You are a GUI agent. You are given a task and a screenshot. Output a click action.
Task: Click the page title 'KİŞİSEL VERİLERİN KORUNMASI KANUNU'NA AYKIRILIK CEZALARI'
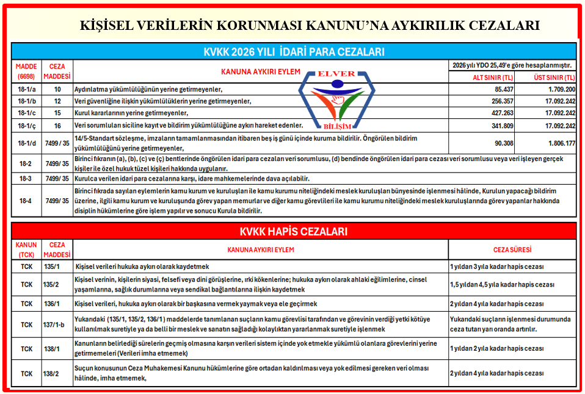(x=310, y=26)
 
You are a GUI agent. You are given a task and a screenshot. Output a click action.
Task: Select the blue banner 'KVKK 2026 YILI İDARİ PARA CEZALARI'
(x=294, y=52)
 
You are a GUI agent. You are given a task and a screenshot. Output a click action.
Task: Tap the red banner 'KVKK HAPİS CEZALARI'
(x=293, y=232)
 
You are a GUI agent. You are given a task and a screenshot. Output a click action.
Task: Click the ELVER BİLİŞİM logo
(x=336, y=98)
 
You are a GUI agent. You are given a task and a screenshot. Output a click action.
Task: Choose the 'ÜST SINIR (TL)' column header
(x=553, y=77)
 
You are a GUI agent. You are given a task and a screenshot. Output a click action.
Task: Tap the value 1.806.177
(x=558, y=144)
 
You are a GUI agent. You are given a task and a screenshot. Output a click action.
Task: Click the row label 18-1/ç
(x=27, y=125)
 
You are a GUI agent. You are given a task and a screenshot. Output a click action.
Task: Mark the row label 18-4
(x=26, y=200)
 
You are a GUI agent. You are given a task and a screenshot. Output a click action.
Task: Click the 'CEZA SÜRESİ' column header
(x=512, y=249)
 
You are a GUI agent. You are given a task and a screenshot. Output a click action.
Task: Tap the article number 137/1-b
(x=54, y=324)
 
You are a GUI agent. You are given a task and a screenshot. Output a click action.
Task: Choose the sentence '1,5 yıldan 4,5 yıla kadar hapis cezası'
(x=502, y=284)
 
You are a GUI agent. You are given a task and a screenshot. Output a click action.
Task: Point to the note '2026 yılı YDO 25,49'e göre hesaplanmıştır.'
(x=512, y=65)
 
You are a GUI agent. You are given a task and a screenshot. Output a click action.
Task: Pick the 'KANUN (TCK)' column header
(x=26, y=249)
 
